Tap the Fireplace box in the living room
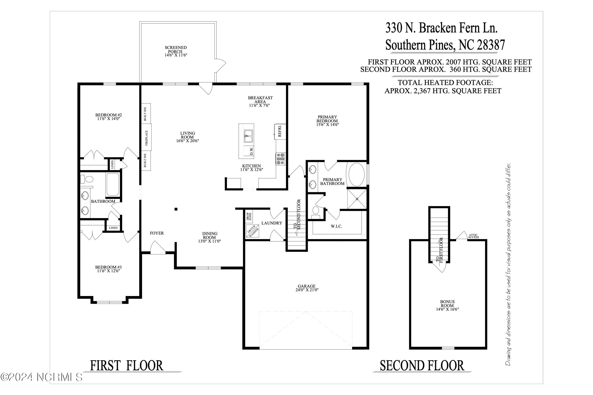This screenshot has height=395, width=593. [146, 138]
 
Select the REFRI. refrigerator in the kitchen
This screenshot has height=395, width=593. [280, 131]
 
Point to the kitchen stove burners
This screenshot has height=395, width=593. [281, 159]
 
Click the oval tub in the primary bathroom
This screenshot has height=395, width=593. [356, 175]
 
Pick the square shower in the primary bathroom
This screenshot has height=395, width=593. [357, 199]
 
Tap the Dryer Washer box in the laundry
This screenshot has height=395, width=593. [252, 231]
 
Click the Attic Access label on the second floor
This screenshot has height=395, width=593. [473, 236]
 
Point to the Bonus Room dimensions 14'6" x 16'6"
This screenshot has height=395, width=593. [447, 309]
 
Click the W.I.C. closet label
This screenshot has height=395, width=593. [336, 227]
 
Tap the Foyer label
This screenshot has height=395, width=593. [157, 233]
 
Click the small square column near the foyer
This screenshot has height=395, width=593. [176, 209]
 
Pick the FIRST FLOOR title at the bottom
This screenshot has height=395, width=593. [127, 366]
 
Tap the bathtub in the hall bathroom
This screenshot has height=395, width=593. [113, 184]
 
